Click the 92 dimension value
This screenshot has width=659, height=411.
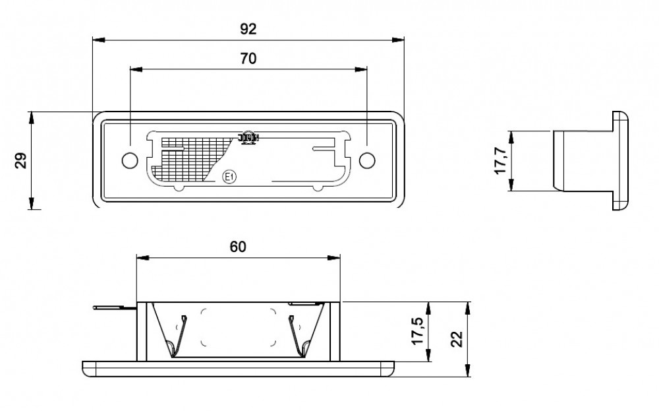(x=248, y=29)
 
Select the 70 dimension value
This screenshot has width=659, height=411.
(x=248, y=58)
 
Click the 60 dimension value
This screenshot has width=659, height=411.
(x=238, y=246)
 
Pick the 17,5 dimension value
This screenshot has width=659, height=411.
(x=416, y=331)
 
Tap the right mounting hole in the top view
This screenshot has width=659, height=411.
(x=367, y=160)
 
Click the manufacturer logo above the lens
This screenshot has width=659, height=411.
(x=248, y=137)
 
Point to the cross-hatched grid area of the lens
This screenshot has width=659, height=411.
(x=188, y=158)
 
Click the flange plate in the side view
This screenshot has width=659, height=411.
(x=620, y=160)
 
